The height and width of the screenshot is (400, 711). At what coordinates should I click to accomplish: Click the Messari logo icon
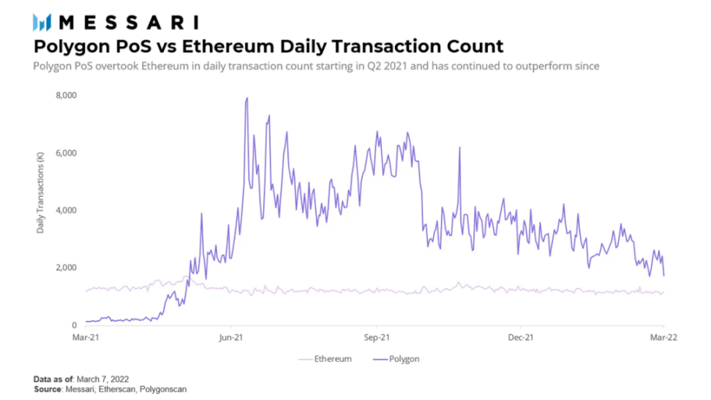pyautogui.click(x=42, y=22)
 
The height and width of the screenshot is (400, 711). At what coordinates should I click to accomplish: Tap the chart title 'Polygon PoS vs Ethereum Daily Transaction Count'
pyautogui.click(x=268, y=47)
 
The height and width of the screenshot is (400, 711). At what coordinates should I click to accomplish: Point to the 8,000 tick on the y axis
pyautogui.click(x=67, y=96)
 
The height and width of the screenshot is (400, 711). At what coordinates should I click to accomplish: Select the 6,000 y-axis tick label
pyautogui.click(x=67, y=153)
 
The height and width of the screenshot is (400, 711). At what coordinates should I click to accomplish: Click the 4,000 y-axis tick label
pyautogui.click(x=67, y=211)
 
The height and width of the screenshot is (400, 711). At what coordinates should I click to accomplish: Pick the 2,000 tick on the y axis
pyautogui.click(x=67, y=268)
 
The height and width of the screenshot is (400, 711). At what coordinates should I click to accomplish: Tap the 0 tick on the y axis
pyautogui.click(x=75, y=325)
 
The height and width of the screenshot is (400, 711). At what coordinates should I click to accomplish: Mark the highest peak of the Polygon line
pyautogui.click(x=247, y=98)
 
